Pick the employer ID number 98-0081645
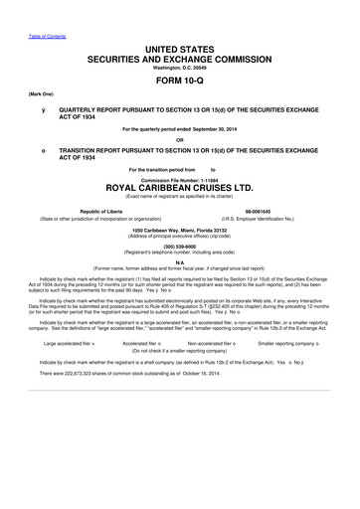tap(270, 211)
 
